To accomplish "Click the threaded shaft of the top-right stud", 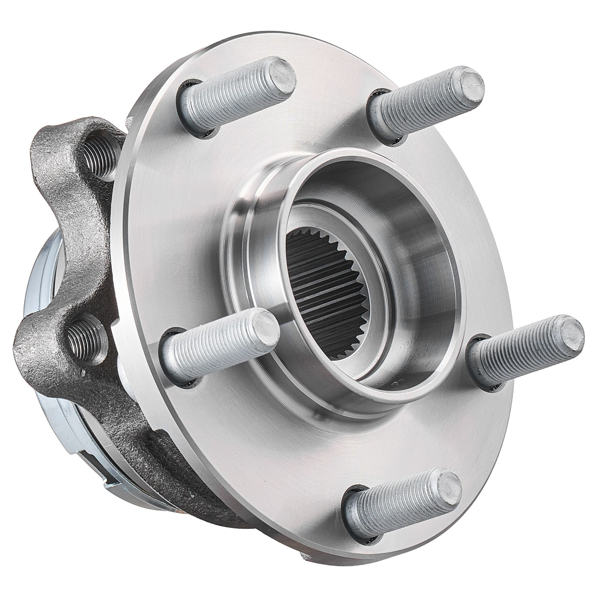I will [418, 99].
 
